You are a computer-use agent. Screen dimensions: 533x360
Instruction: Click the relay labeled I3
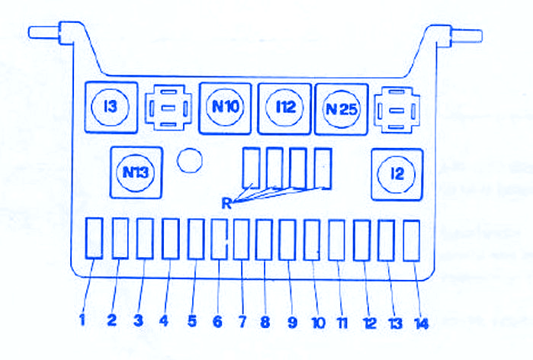click(111, 107)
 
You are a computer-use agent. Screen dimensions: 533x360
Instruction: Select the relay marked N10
click(225, 108)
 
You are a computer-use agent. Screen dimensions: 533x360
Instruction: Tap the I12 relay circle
click(284, 108)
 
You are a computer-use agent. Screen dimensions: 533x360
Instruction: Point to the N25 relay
click(342, 109)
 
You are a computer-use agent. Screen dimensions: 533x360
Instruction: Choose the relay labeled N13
click(136, 172)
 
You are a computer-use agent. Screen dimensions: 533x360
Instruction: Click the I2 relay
click(397, 175)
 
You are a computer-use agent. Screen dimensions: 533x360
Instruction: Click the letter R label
click(226, 204)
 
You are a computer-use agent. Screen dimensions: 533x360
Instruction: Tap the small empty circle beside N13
click(190, 160)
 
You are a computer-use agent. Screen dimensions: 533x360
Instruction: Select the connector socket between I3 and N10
click(169, 108)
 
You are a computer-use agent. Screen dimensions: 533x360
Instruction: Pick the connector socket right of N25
click(397, 110)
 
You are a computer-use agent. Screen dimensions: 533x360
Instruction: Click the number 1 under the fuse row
click(82, 320)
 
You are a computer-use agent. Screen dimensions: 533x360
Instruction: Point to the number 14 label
click(421, 323)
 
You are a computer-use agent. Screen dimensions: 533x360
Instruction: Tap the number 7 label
click(242, 321)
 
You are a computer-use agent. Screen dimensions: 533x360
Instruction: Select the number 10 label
click(319, 323)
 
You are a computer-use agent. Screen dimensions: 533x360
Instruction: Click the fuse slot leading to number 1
click(94, 238)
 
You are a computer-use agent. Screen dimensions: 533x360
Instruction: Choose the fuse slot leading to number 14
click(411, 241)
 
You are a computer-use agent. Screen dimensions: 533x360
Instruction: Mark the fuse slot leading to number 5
click(196, 239)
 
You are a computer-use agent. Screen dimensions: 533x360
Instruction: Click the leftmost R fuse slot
click(252, 168)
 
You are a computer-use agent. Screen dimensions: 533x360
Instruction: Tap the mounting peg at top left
click(50, 33)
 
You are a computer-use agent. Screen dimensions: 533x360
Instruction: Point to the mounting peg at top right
click(459, 36)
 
